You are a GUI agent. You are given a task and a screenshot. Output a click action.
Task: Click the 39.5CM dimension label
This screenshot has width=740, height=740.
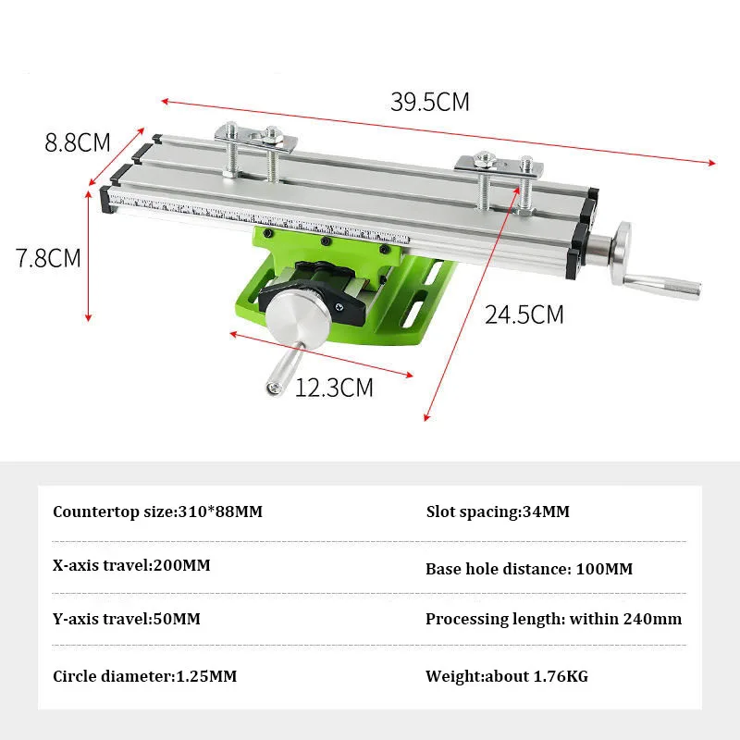430,102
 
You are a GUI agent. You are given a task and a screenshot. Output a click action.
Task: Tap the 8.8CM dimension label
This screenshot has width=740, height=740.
78,142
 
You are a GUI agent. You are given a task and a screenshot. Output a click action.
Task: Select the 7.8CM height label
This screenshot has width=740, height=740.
48,258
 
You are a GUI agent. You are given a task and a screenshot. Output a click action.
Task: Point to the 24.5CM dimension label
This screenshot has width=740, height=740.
524,314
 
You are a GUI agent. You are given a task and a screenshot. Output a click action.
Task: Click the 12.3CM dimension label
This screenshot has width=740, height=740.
334,388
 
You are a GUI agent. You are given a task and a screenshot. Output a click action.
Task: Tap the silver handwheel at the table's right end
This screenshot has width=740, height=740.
622,253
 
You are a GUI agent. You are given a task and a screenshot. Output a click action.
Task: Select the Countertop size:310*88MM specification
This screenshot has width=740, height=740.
157,512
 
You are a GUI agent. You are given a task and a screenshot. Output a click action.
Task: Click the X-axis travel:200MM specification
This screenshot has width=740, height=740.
131,565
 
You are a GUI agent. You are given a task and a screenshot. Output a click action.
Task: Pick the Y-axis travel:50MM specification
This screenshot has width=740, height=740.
127,619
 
